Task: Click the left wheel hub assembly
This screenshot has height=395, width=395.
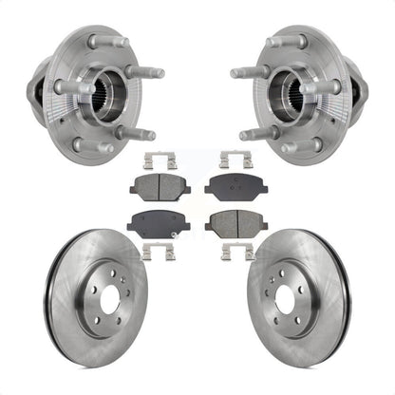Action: click(95, 90)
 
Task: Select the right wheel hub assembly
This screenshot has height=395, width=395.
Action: click(300, 90)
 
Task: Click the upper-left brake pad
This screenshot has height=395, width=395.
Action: click(160, 186)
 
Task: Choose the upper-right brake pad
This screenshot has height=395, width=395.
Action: click(235, 186)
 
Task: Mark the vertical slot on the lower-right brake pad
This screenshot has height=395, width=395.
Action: click(235, 224)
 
